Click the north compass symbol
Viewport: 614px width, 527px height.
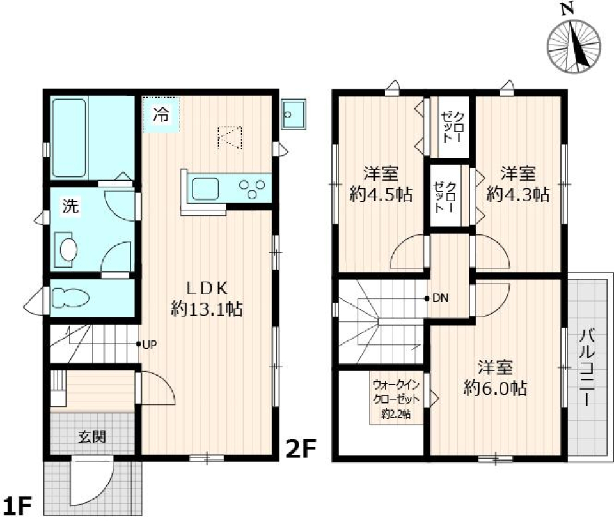coord(574,45)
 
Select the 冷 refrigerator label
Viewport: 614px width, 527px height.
coord(161,116)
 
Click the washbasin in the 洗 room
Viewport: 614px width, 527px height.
coord(67,248)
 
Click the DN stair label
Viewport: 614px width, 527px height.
coord(439,298)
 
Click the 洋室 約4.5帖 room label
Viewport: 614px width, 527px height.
coord(381,183)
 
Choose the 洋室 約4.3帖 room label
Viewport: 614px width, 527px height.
coord(517,183)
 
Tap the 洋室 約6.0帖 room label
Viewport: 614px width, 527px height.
coord(495,378)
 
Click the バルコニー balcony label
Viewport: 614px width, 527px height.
coord(586,368)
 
